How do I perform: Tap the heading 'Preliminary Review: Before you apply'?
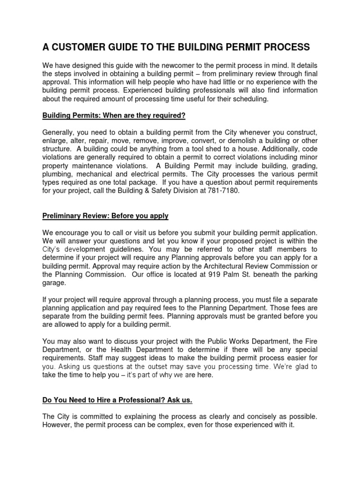click(105, 216)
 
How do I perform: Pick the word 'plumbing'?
click(57, 173)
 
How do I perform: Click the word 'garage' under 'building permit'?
click(54, 282)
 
